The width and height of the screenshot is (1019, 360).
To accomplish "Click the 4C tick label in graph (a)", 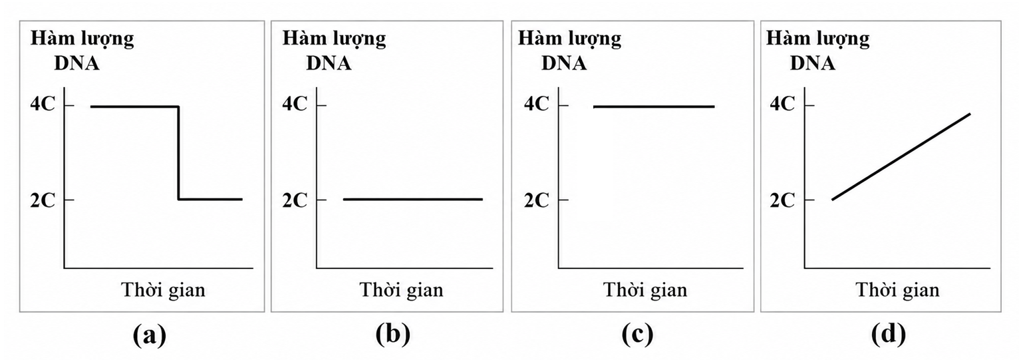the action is coord(43,104).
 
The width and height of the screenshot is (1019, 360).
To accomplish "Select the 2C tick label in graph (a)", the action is coord(43,200).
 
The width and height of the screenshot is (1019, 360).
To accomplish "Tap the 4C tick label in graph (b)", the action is coord(295,104).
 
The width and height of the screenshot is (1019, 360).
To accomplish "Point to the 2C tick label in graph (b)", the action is coord(295,200).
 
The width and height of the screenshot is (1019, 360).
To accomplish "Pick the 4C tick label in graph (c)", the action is coord(537,104).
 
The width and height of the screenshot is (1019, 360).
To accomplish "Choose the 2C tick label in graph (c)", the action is coord(537,200).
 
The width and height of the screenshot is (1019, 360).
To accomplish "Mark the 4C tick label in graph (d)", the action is coord(782,104).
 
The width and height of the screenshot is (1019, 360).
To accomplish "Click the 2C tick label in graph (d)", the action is coord(782,200).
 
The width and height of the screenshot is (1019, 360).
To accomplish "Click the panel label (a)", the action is coord(150,335).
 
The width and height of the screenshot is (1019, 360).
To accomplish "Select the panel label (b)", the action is coord(393,335).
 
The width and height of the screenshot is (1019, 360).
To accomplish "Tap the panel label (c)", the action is coord(637,335).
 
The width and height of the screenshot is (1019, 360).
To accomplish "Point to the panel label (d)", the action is coord(889,335).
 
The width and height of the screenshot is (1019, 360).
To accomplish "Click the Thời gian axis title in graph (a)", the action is coord(164,290).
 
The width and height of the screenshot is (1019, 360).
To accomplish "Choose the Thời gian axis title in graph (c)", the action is coord(645,290).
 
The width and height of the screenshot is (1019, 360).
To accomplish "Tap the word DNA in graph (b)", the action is coord(329,63).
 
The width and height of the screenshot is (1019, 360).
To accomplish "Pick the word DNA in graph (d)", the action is coord(812,63).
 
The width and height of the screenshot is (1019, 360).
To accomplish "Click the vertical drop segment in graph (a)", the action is coord(178,153).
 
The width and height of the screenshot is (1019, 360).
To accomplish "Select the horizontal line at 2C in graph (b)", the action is coord(413,199).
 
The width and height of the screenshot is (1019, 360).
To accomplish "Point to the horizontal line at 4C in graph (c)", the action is coord(654,106).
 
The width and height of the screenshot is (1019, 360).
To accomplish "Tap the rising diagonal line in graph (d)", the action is coord(901,156).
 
